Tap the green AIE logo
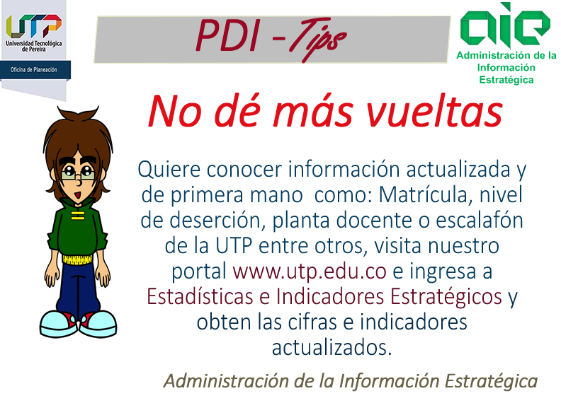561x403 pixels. (505, 25)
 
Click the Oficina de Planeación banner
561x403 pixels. (35, 70)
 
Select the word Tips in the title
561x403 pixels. (318, 39)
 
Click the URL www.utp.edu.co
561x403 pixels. (310, 271)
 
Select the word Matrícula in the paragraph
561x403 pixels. (424, 195)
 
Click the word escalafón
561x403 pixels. (480, 221)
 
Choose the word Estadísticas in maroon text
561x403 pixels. (200, 296)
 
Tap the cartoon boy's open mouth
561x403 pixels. (78, 196)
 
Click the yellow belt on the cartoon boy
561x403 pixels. (77, 259)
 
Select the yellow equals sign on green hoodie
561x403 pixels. (78, 216)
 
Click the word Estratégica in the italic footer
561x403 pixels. (492, 381)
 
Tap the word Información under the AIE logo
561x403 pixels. (506, 68)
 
